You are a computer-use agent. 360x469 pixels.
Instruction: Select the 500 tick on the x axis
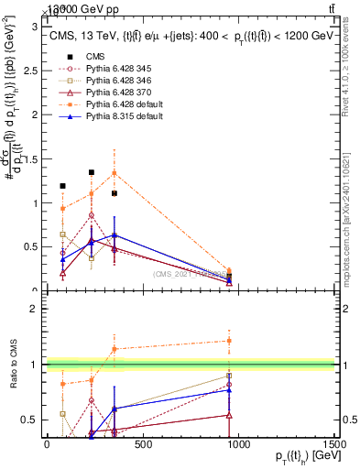142,444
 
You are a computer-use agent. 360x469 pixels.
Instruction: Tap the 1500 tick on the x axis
334,444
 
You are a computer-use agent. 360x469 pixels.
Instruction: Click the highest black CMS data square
92,172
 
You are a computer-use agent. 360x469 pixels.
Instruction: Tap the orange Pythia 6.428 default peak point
114,172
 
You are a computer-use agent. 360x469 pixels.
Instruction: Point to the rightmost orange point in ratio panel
228,340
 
